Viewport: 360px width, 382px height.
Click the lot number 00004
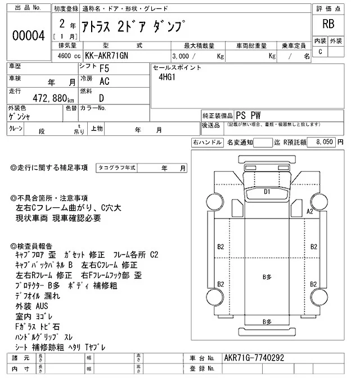pos(28,35)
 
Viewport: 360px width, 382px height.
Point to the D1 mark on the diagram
pos(268,192)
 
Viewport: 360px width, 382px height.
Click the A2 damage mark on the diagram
pos(309,211)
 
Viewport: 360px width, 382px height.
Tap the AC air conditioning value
pos(104,82)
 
